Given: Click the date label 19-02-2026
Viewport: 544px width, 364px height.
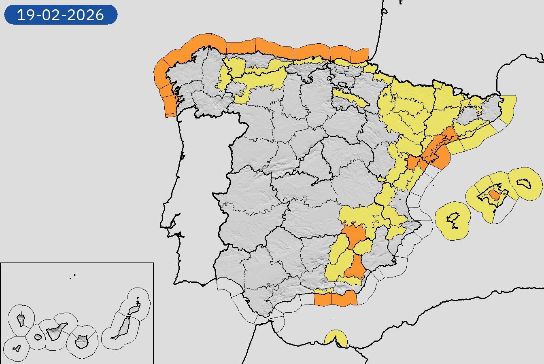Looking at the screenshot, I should [x=61, y=15].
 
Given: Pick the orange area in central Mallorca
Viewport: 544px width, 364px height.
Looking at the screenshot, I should [x=494, y=195].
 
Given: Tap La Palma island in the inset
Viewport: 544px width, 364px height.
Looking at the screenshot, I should [x=21, y=320].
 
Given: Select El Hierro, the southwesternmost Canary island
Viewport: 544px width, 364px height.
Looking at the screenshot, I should [x=17, y=348].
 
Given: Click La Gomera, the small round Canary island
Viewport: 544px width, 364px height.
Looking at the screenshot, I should [x=38, y=336].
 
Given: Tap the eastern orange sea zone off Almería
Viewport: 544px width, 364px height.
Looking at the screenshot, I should [x=344, y=298].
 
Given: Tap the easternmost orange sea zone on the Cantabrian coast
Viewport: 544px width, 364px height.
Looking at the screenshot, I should [x=360, y=55].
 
